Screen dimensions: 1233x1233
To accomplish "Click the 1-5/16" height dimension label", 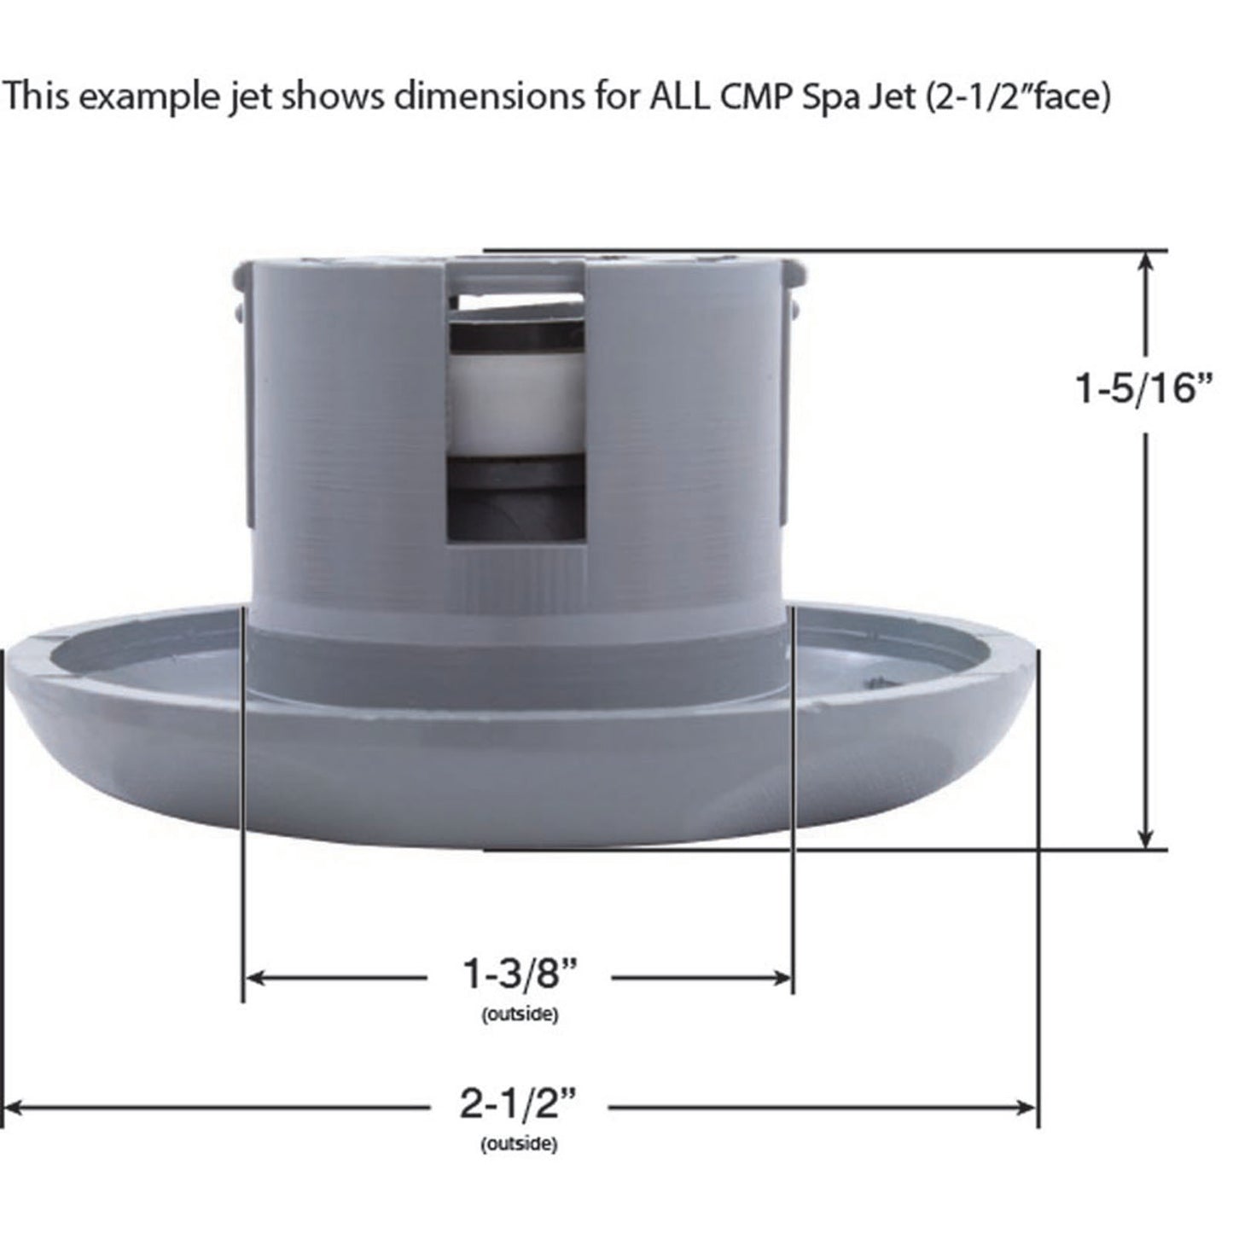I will pos(1143,388).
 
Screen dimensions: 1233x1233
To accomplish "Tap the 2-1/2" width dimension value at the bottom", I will pos(519,1106).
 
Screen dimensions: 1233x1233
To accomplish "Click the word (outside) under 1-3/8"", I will pos(520,1015).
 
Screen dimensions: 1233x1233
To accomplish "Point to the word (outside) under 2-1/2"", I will pos(519,1144).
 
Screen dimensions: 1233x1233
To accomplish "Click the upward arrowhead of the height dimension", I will pos(1147,261).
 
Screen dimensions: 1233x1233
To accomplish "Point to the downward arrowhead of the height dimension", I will pos(1147,840).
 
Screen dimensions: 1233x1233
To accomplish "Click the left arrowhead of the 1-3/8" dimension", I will pos(253,978).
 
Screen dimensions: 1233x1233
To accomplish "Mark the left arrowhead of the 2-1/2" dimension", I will pos(12,1108).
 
